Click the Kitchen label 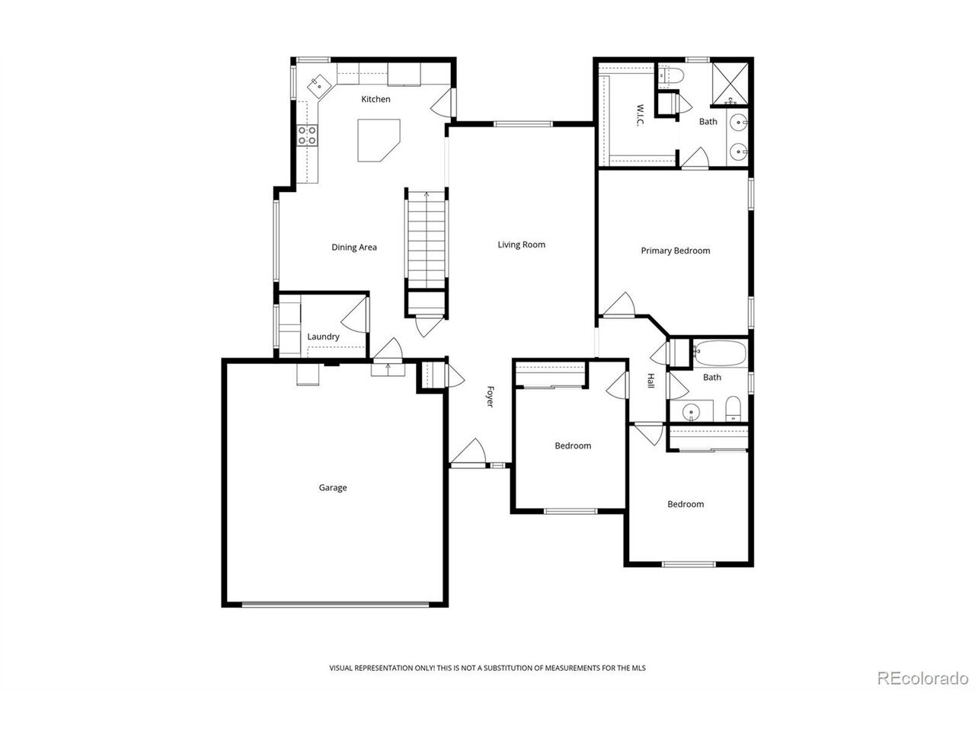pos(376,99)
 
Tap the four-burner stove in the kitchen pos(307,136)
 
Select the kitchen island pos(379,140)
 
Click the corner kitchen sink pos(319,85)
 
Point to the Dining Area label pos(354,247)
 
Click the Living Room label pos(521,244)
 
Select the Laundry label pos(323,337)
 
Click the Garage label pos(332,488)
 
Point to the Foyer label pos(490,397)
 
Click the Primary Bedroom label pos(675,251)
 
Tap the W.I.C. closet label pos(640,115)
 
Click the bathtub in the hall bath pos(719,353)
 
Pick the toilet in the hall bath pos(733,409)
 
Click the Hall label pos(651,381)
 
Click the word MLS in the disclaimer pos(638,668)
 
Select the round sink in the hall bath pos(691,412)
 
